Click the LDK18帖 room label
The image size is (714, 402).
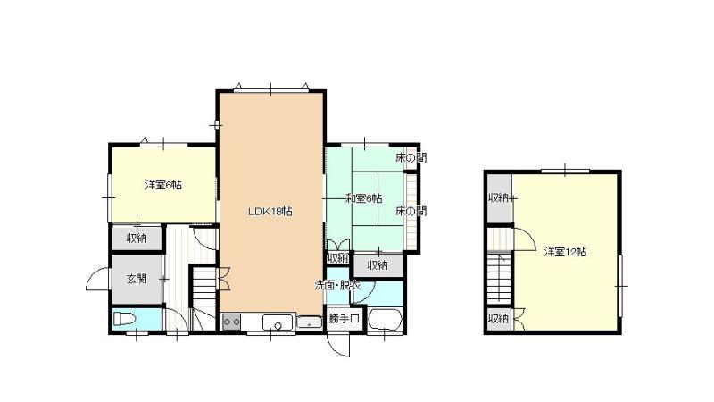[x=270, y=212]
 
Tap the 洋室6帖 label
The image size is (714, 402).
[x=163, y=185]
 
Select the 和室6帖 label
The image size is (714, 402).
[x=363, y=198]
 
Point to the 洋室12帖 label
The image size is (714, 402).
[x=565, y=252]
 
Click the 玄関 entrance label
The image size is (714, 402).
[x=137, y=279]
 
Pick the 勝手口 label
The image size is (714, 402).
[x=345, y=319]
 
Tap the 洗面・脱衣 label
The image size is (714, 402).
[x=338, y=286]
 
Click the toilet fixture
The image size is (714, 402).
[x=124, y=319]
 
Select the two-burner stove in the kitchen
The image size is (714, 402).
[x=231, y=322]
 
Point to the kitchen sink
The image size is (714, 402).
[x=278, y=322]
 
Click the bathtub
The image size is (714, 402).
[x=385, y=320]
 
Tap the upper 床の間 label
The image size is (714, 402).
[x=411, y=158]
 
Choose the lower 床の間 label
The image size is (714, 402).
[x=411, y=211]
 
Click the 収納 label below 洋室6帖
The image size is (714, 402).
[x=137, y=238]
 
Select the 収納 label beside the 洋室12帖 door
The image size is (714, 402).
[x=499, y=197]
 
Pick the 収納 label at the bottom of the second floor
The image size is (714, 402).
[x=498, y=318]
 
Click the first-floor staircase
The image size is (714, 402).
[x=203, y=297]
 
